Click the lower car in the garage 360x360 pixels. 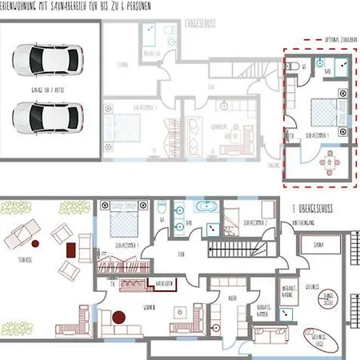click(x=46, y=116)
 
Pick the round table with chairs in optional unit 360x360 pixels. click(x=327, y=162)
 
